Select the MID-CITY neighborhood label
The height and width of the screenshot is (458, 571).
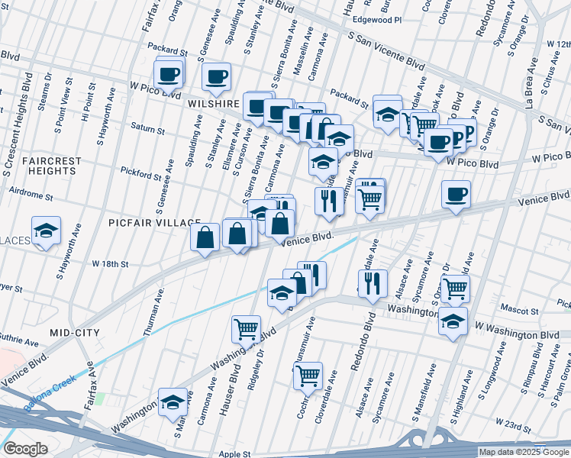pyautogui.click(x=76, y=333)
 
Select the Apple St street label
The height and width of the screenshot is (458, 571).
pyautogui.click(x=235, y=453)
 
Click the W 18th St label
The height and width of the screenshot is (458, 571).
pyautogui.click(x=110, y=263)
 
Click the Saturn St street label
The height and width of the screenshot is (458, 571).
pyautogui.click(x=147, y=127)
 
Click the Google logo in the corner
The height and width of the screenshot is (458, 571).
pyautogui.click(x=25, y=448)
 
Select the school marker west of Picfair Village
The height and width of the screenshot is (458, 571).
pyautogui.click(x=46, y=231)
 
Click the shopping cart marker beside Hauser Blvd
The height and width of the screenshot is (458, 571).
pyautogui.click(x=247, y=329)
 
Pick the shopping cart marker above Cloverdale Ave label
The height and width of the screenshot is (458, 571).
pyautogui.click(x=307, y=375)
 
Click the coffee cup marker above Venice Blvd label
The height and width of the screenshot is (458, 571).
pyautogui.click(x=456, y=194)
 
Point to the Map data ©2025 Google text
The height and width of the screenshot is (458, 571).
pyautogui.click(x=523, y=452)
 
